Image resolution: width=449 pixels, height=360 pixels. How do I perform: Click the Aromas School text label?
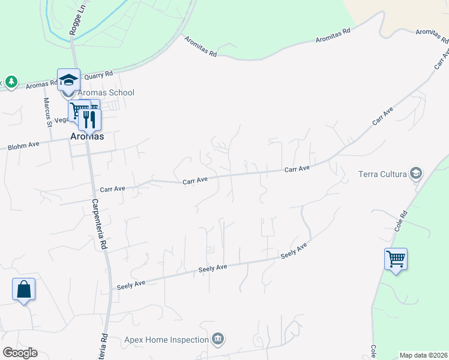point(105,92)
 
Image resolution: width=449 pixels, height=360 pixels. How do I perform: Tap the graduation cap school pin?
point(68,80)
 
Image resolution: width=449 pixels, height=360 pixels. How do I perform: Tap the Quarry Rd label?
point(98,75)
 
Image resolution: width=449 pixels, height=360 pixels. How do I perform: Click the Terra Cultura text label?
point(382,175)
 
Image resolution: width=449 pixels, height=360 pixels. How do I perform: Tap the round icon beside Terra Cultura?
point(415,175)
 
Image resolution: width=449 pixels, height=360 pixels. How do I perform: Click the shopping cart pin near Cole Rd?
point(396,260)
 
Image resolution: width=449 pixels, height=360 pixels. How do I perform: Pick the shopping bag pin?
point(24,289)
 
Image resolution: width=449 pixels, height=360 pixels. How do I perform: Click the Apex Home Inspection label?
point(166,340)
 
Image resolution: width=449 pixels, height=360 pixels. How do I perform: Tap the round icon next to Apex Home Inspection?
point(218,340)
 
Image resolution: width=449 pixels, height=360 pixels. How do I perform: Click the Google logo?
point(20,353)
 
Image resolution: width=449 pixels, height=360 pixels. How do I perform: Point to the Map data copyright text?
point(424,355)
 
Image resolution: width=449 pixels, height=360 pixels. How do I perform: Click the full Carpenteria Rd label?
point(100,224)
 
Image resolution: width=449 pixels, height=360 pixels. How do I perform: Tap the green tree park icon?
point(11,81)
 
